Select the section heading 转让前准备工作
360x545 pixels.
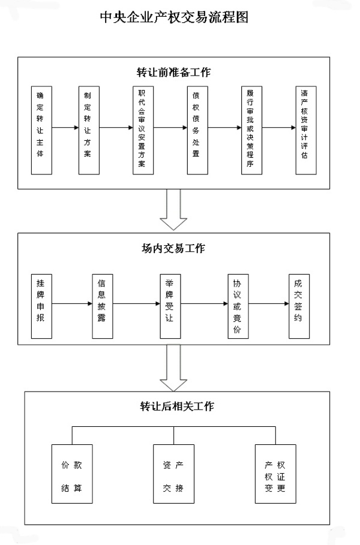pos(173,73)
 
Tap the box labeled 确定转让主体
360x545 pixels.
pos(40,130)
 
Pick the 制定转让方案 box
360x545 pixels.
pos(88,130)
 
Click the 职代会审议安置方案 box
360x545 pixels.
pos(141,130)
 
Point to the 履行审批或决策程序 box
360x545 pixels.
pos(250,130)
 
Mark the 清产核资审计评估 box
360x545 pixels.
pos(307,130)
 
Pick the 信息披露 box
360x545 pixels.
pos(103,303)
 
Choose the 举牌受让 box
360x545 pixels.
pos(169,303)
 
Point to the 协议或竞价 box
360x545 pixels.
pos(237,303)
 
